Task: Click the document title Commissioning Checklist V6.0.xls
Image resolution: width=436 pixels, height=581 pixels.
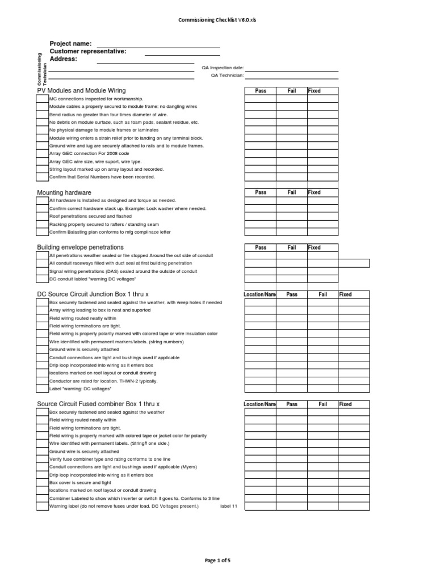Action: (218, 20)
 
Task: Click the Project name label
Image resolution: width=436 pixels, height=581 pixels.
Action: (70, 44)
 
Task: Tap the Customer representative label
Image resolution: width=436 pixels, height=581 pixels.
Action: (88, 52)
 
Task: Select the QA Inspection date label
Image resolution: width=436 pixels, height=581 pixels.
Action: (223, 68)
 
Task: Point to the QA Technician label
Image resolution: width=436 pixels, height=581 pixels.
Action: (227, 75)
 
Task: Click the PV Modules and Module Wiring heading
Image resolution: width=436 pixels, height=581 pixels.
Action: (81, 91)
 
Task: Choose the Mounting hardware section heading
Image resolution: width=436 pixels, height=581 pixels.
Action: (64, 193)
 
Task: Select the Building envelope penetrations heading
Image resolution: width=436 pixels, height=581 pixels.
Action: (80, 247)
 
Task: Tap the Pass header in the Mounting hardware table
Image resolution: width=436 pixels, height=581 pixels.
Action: (261, 192)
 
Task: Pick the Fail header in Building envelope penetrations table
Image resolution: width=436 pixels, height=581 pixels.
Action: (292, 247)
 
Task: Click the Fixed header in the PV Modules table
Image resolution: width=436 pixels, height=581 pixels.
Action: (315, 91)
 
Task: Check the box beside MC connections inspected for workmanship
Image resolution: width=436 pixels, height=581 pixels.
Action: (43, 99)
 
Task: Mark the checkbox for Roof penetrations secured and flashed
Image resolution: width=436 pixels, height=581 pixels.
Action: (43, 216)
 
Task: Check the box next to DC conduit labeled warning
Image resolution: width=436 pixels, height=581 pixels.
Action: (43, 279)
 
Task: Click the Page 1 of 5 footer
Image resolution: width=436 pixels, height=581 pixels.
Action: (218, 561)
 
